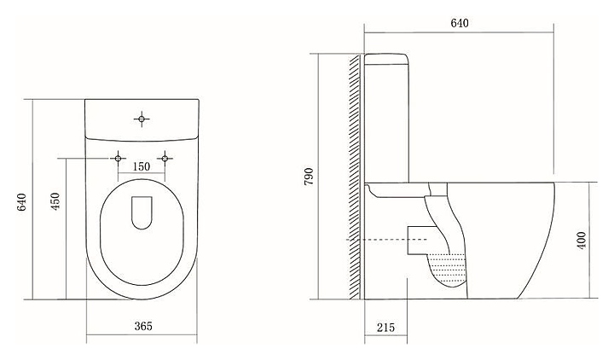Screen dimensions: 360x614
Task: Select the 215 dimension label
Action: [x=385, y=327]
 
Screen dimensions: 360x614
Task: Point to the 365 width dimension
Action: [x=142, y=327]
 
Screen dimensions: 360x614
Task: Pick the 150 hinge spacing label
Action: [x=142, y=166]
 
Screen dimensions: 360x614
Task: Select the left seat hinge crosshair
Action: [x=118, y=157]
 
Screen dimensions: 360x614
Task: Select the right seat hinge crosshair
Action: [x=168, y=157]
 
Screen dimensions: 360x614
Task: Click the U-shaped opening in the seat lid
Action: [x=142, y=213]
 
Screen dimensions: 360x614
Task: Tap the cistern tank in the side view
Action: [x=389, y=119]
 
